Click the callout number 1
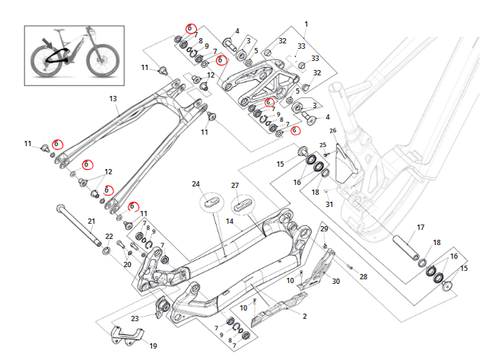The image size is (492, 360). point(306,25)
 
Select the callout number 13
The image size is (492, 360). point(113,99)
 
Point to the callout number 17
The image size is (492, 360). point(421,227)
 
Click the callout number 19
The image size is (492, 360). point(153,346)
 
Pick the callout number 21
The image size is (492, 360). point(91,221)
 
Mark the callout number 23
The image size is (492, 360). point(135,318)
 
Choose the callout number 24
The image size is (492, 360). point(195,184)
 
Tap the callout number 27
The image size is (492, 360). point(235,185)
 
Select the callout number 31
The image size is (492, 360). point(329,204)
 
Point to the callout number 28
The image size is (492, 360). point(363,276)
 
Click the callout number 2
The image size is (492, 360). point(305,316)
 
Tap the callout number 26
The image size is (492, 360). point(332,130)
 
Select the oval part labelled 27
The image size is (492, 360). point(244,203)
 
